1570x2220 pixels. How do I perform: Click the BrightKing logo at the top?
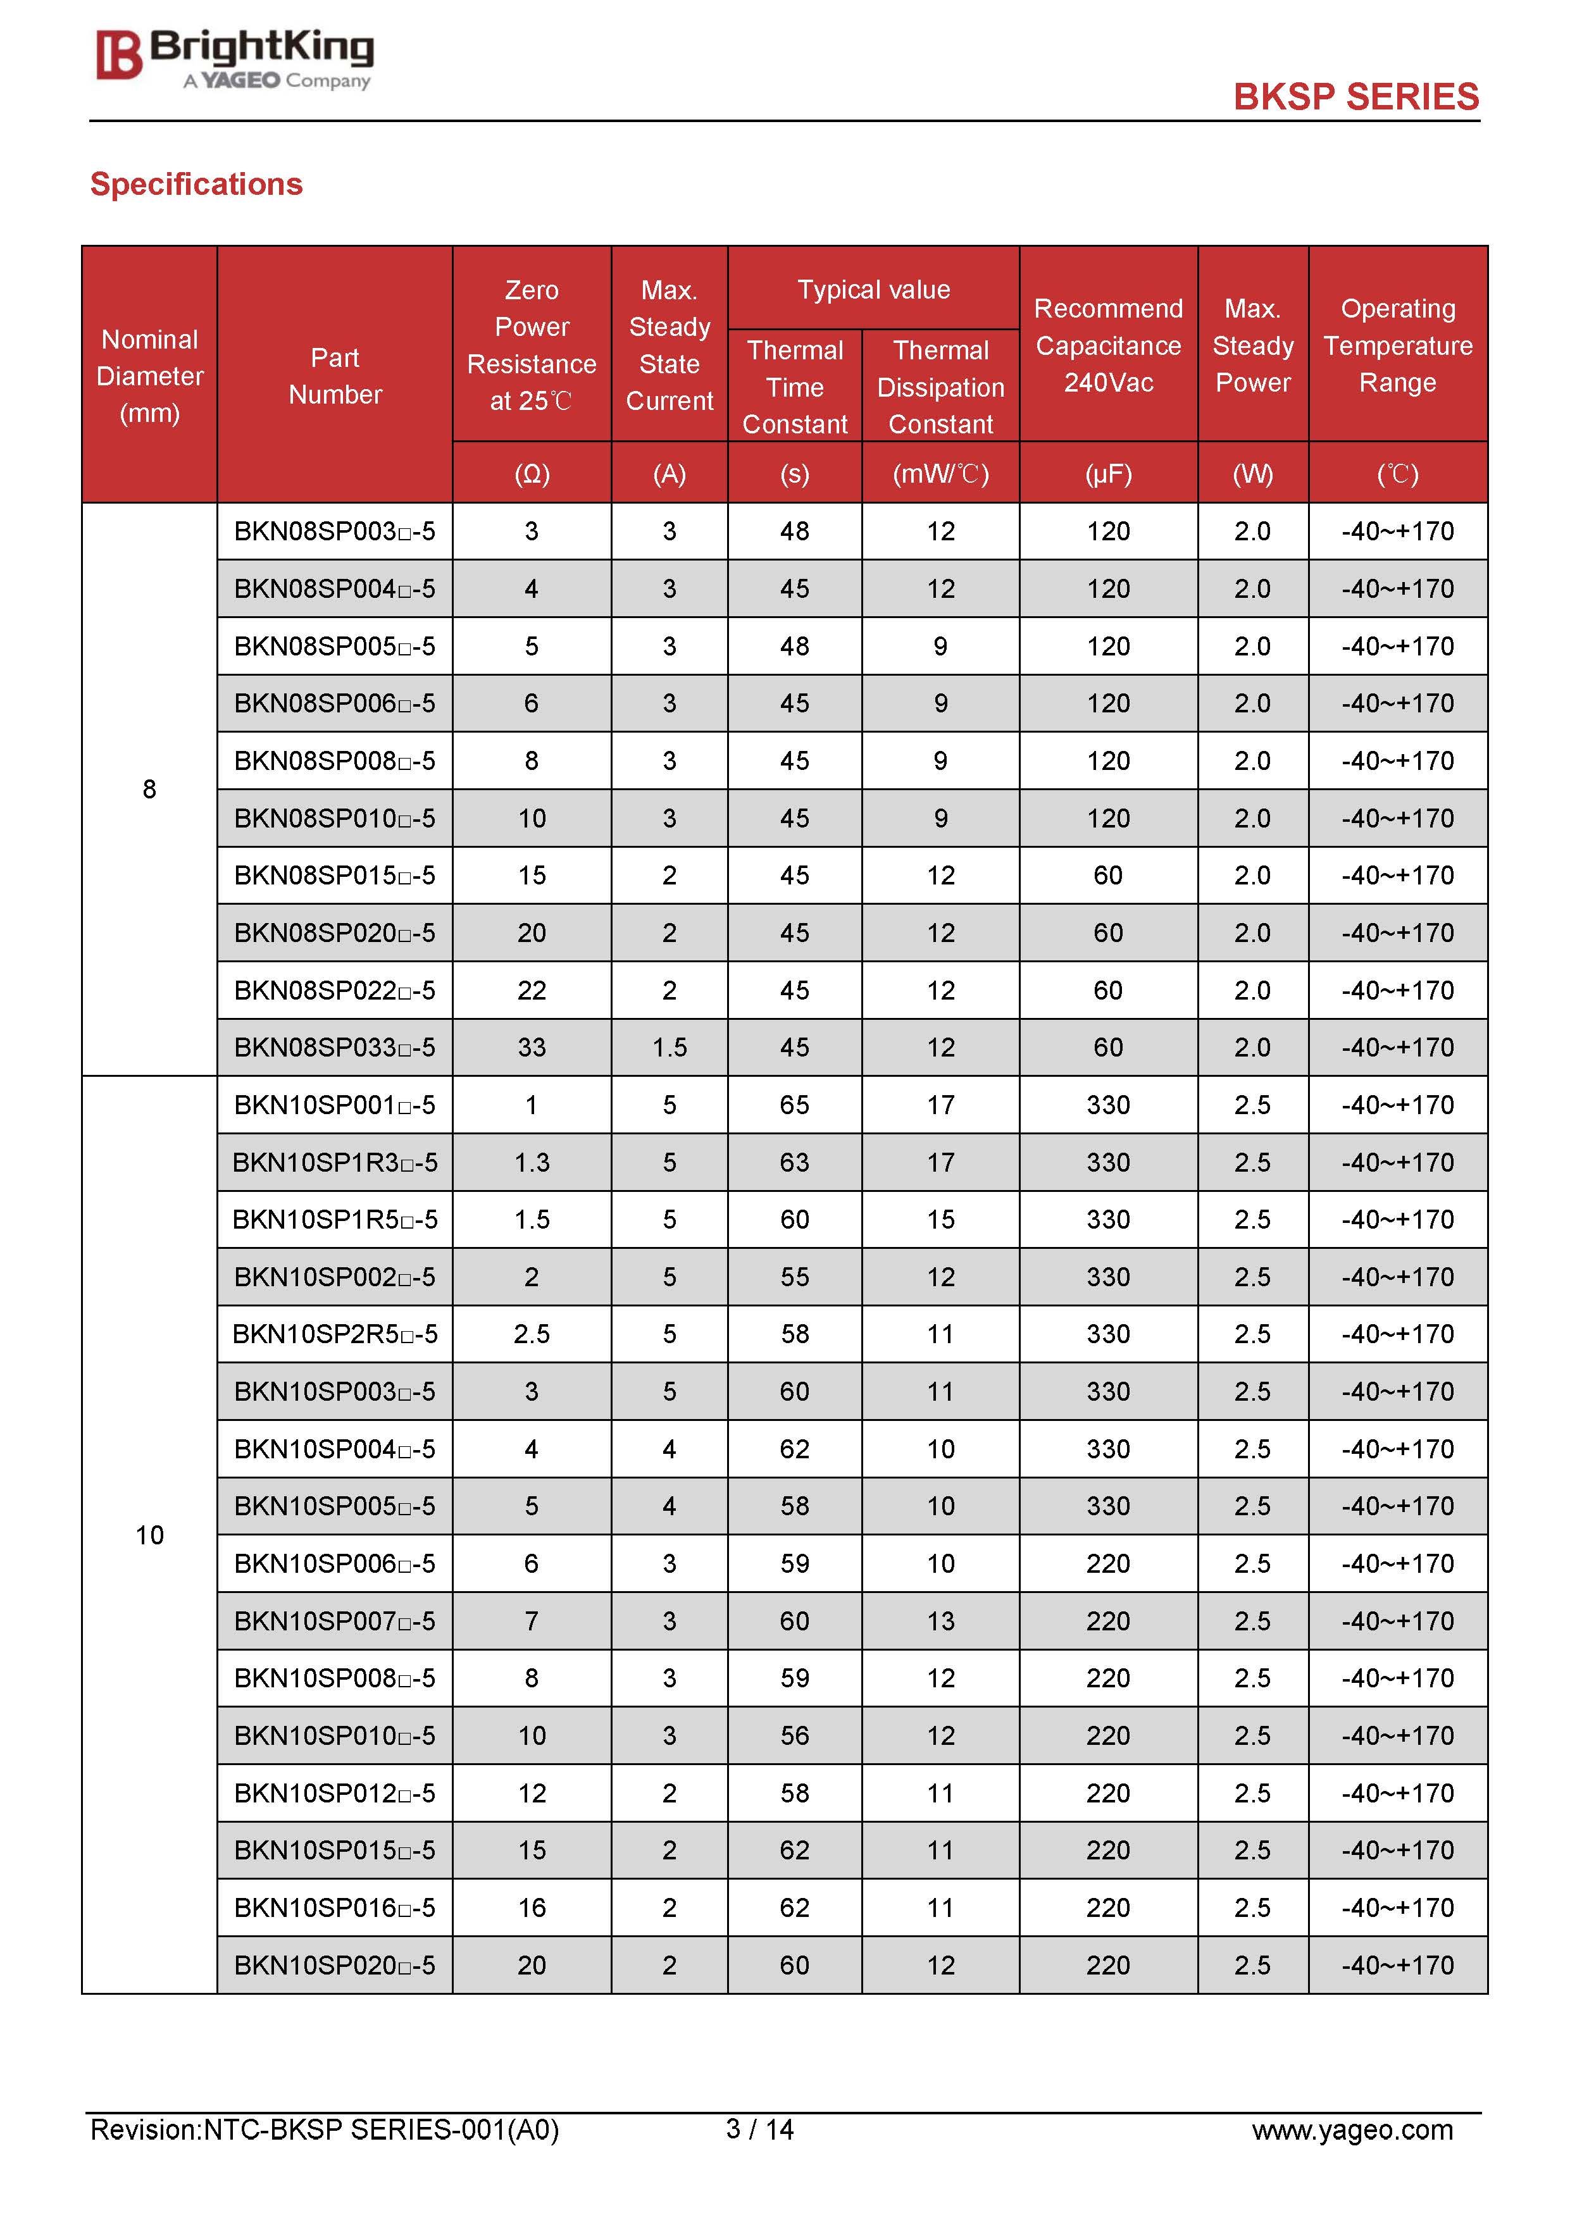234,58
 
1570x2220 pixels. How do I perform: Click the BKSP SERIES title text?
1355,97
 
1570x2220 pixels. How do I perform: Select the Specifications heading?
196,183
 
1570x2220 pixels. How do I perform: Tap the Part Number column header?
335,376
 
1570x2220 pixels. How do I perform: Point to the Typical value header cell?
873,289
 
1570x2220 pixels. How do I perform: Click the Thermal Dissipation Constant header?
940,387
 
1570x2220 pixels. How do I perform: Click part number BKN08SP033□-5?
335,1047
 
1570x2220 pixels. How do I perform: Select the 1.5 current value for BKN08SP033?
670,1047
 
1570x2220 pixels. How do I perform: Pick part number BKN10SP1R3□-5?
335,1162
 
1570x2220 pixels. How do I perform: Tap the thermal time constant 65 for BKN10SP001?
794,1104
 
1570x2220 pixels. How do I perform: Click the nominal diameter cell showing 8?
149,789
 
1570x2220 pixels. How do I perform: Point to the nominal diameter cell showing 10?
149,1534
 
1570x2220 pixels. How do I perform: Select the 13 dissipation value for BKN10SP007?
940,1620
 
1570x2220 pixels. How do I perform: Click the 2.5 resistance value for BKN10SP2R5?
531,1334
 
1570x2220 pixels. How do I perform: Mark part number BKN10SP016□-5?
335,1907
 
